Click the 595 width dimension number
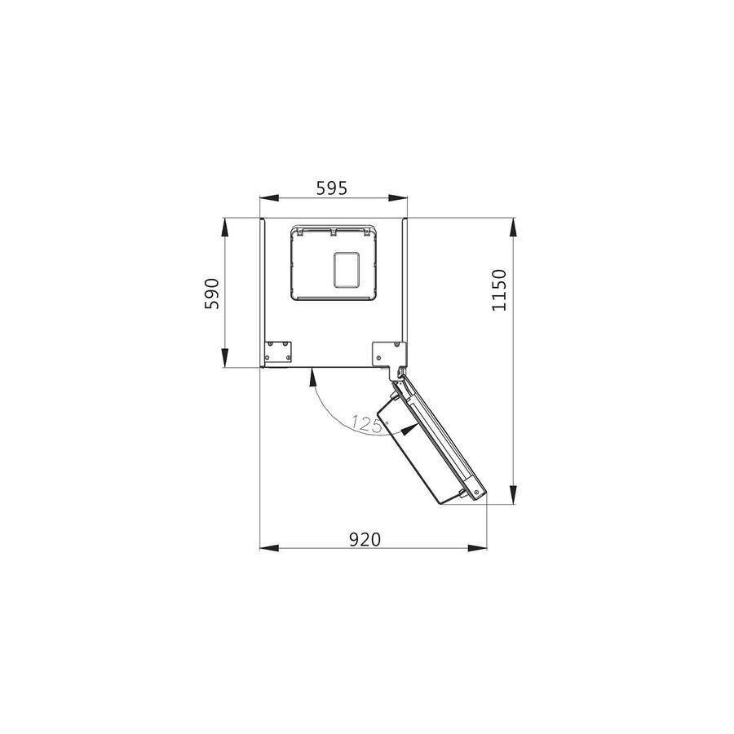(332, 188)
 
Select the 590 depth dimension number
(211, 294)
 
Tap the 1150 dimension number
(499, 290)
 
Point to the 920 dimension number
(365, 540)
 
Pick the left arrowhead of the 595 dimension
(270, 198)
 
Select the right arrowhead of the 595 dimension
(398, 198)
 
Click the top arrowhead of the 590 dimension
(225, 228)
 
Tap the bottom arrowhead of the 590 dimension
(225, 358)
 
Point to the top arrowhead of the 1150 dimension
(513, 228)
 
